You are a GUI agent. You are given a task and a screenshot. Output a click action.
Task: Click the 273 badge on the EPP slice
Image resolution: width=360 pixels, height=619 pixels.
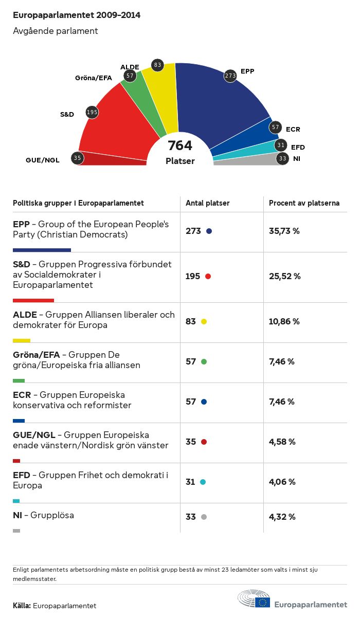(230, 76)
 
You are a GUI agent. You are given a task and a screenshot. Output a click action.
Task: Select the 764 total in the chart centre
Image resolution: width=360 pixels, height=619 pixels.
(180, 146)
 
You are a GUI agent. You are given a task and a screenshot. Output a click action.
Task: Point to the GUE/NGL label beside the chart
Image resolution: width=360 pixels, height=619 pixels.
(43, 160)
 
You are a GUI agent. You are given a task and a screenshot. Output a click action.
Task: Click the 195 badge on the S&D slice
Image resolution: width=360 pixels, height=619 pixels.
(92, 112)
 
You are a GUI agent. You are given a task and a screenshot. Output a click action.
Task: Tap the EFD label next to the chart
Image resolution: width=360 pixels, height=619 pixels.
(298, 148)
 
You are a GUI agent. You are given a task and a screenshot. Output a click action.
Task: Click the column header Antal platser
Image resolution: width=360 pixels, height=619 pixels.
(208, 203)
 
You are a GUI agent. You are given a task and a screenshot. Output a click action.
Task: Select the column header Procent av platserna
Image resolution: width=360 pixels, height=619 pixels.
(304, 203)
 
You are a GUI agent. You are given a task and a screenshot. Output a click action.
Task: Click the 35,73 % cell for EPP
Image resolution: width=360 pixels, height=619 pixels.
(284, 231)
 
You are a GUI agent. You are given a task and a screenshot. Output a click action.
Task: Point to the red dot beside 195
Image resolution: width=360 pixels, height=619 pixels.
(208, 276)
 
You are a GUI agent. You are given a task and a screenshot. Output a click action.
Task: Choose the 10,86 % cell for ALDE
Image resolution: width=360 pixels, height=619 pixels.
(284, 321)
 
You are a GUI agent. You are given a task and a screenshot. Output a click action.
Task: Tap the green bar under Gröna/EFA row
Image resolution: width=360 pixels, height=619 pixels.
(19, 380)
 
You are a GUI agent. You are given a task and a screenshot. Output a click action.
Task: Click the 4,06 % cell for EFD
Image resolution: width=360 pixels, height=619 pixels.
(282, 482)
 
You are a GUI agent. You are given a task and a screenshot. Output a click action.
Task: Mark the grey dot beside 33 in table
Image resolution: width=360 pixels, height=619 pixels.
(204, 517)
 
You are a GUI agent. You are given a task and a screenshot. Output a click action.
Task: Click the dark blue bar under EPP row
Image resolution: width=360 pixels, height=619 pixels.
(42, 250)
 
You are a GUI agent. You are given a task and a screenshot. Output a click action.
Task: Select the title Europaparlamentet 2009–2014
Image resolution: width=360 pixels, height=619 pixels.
(77, 15)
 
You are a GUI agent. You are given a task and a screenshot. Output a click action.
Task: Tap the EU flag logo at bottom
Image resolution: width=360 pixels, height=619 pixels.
(263, 602)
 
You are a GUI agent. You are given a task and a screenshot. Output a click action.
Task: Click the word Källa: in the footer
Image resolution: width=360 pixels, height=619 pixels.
(22, 606)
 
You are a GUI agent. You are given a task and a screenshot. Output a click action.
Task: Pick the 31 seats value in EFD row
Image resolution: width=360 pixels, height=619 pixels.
(190, 482)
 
